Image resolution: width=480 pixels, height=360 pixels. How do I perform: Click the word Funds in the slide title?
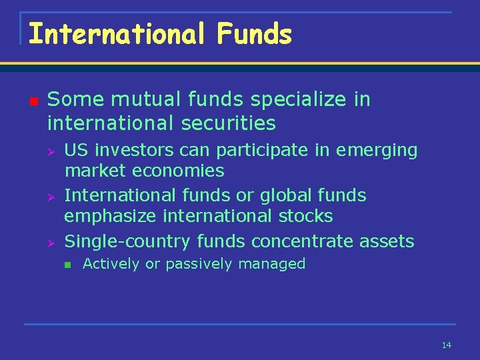[254, 33]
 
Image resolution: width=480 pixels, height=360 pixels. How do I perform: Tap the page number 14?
[446, 345]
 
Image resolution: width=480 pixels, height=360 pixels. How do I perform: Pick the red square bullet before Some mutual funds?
[34, 101]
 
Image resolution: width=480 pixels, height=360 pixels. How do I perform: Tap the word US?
[75, 151]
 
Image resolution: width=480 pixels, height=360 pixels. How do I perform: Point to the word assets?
[389, 241]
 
